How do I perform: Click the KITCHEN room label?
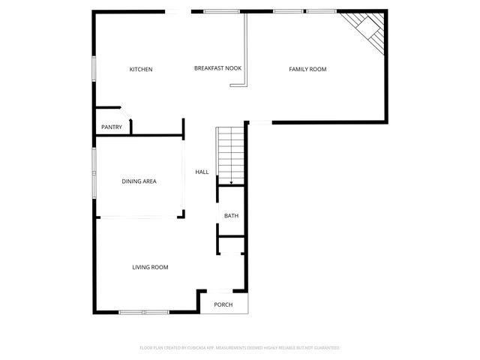[141, 70]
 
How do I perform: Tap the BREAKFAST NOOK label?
[217, 69]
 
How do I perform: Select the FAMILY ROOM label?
[307, 70]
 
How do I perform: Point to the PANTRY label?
[112, 127]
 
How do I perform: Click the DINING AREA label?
[139, 181]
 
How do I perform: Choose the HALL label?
[202, 172]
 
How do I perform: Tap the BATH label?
[231, 216]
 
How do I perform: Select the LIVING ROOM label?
[150, 268]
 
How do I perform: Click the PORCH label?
[223, 304]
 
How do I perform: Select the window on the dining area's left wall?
[94, 172]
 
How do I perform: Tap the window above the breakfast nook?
[217, 11]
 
